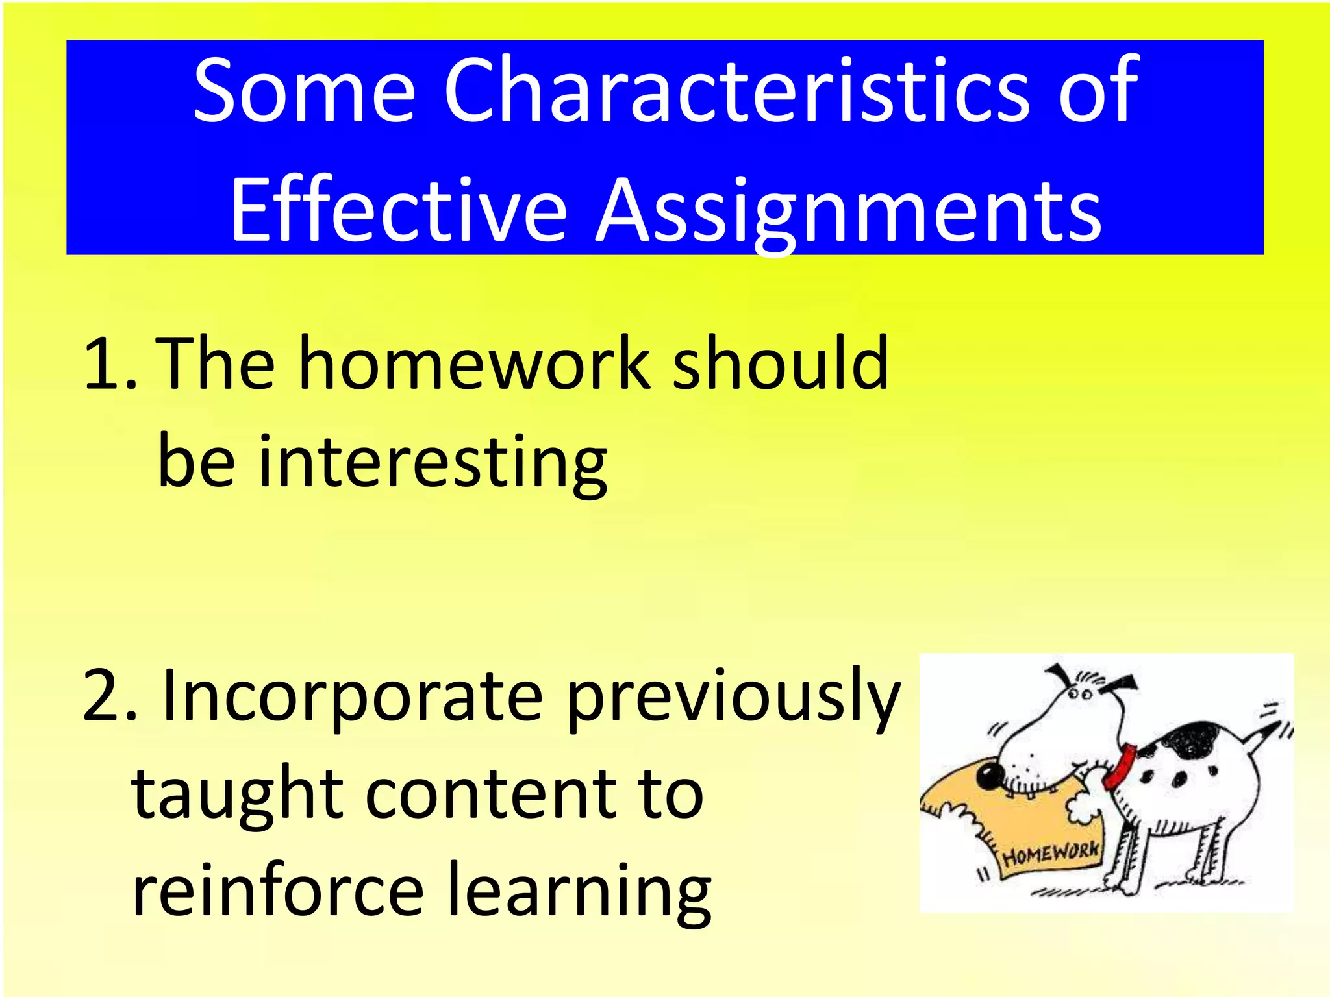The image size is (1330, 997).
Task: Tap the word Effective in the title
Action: (x=398, y=211)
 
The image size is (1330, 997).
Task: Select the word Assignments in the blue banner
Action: (x=848, y=211)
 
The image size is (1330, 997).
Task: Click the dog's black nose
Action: (x=990, y=774)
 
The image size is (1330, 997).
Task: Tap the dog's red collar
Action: (x=1120, y=766)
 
